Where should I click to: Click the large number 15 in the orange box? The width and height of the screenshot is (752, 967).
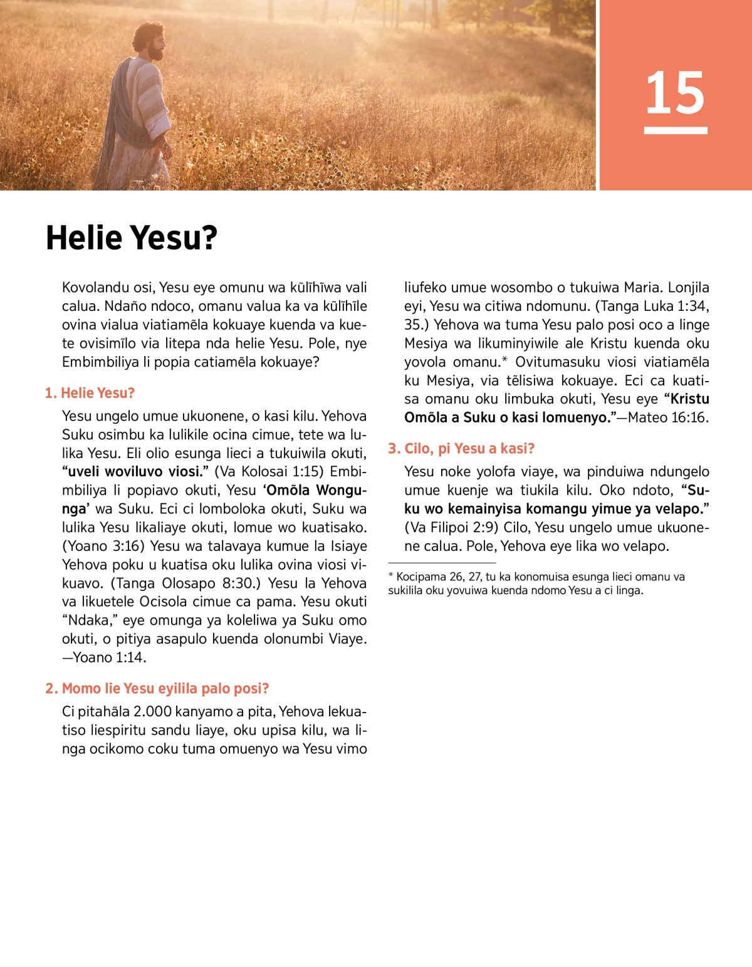pos(675,93)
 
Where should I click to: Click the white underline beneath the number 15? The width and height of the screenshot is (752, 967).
pos(675,130)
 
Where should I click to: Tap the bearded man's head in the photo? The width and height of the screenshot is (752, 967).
pos(150,41)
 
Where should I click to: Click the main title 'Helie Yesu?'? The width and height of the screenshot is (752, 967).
pos(132,238)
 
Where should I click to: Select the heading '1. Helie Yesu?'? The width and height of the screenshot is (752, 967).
pos(90,393)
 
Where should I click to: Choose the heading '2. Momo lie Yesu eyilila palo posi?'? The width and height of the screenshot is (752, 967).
pos(157,688)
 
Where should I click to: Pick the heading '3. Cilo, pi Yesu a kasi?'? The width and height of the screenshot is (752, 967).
pos(461,448)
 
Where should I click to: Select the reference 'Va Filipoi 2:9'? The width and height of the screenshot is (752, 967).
pos(447,527)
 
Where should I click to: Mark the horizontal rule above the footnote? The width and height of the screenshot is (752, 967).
pos(442,563)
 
